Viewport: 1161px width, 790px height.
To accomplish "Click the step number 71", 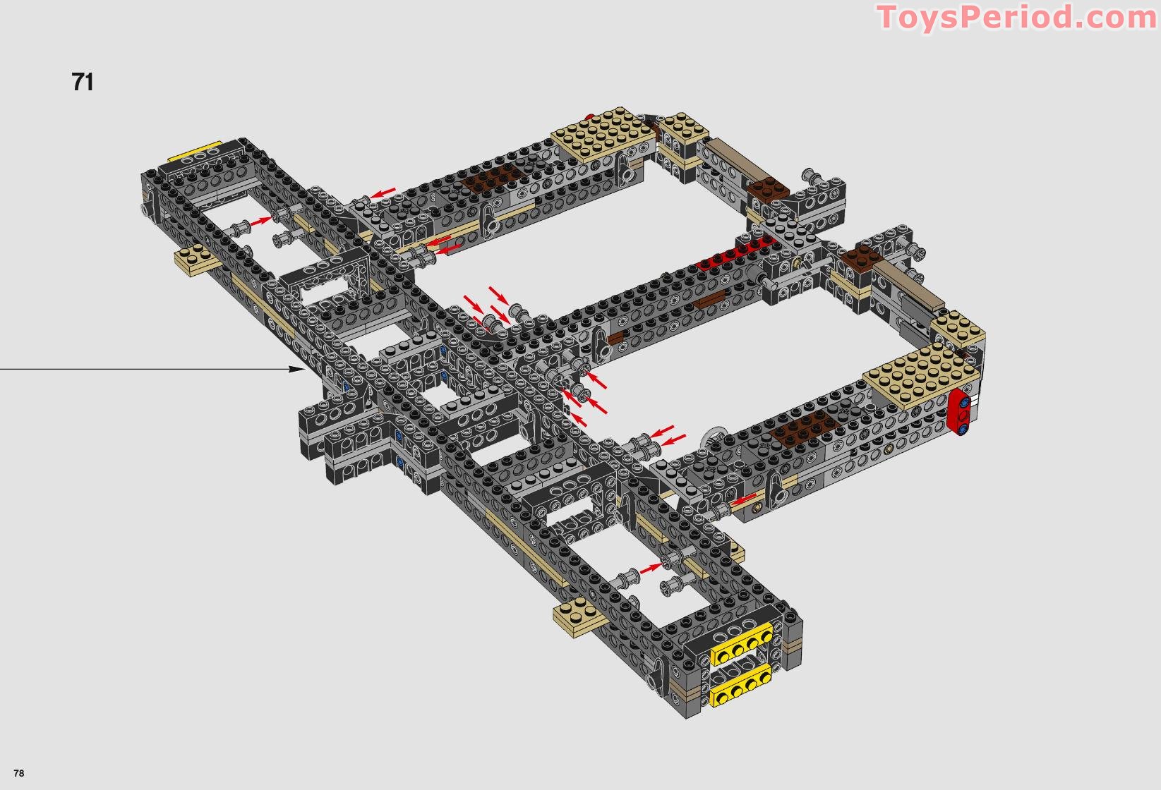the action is [83, 82].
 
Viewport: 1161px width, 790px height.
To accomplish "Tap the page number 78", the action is [18, 773].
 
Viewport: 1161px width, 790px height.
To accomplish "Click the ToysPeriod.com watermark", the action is [1017, 18].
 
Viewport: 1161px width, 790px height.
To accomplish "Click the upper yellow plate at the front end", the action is [742, 643].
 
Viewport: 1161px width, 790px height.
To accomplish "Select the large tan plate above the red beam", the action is [921, 373].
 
